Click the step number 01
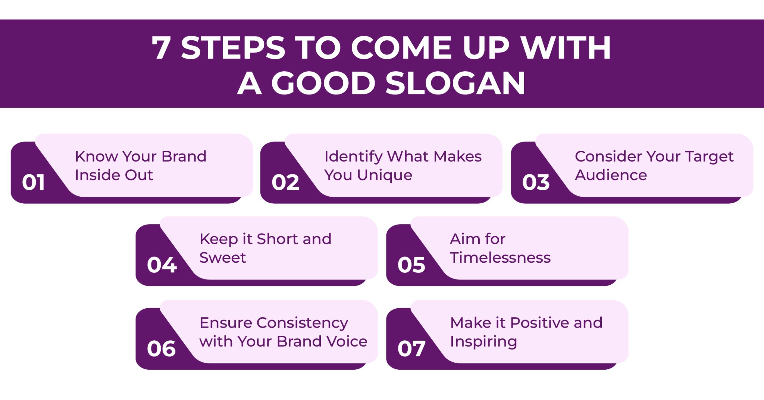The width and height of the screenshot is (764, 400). click(33, 182)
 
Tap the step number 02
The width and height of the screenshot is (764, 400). click(285, 182)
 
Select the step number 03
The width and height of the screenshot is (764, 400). click(536, 182)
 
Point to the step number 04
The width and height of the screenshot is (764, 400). click(162, 265)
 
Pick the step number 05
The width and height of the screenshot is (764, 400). click(411, 265)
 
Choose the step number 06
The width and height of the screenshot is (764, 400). click(161, 349)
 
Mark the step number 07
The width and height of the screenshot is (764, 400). click(411, 349)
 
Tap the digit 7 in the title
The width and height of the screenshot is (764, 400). click(161, 48)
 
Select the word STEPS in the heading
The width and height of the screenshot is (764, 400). click(233, 48)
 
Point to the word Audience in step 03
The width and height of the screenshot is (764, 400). click(611, 175)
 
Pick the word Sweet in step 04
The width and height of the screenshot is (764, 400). click(223, 258)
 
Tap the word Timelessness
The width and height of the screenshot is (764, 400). click(500, 258)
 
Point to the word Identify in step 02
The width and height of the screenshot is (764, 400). click(353, 157)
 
